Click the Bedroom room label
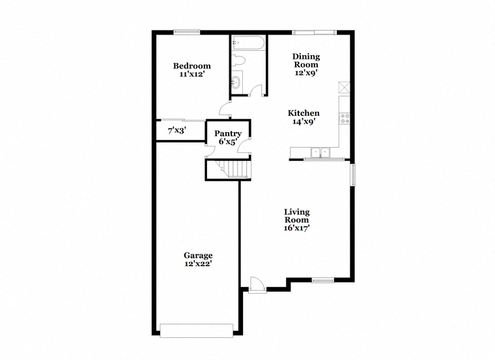pyautogui.click(x=192, y=66)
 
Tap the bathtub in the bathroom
pyautogui.click(x=247, y=43)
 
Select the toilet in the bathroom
pyautogui.click(x=238, y=61)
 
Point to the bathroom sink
pyautogui.click(x=236, y=82)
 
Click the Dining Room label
pyautogui.click(x=306, y=61)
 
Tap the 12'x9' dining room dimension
pyautogui.click(x=306, y=73)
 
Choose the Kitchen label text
pyautogui.click(x=304, y=113)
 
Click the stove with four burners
pyautogui.click(x=345, y=118)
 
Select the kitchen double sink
pyautogui.click(x=320, y=152)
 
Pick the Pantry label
pyautogui.click(x=227, y=133)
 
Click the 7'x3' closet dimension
pyautogui.click(x=177, y=130)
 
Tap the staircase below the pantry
pyautogui.click(x=233, y=169)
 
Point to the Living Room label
pyautogui.click(x=297, y=216)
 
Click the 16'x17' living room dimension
pyautogui.click(x=296, y=228)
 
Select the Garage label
pyautogui.click(x=198, y=256)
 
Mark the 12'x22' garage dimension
pyautogui.click(x=198, y=264)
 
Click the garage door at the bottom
pyautogui.click(x=197, y=330)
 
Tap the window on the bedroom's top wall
pyautogui.click(x=187, y=32)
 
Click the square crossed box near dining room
pyautogui.click(x=345, y=87)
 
